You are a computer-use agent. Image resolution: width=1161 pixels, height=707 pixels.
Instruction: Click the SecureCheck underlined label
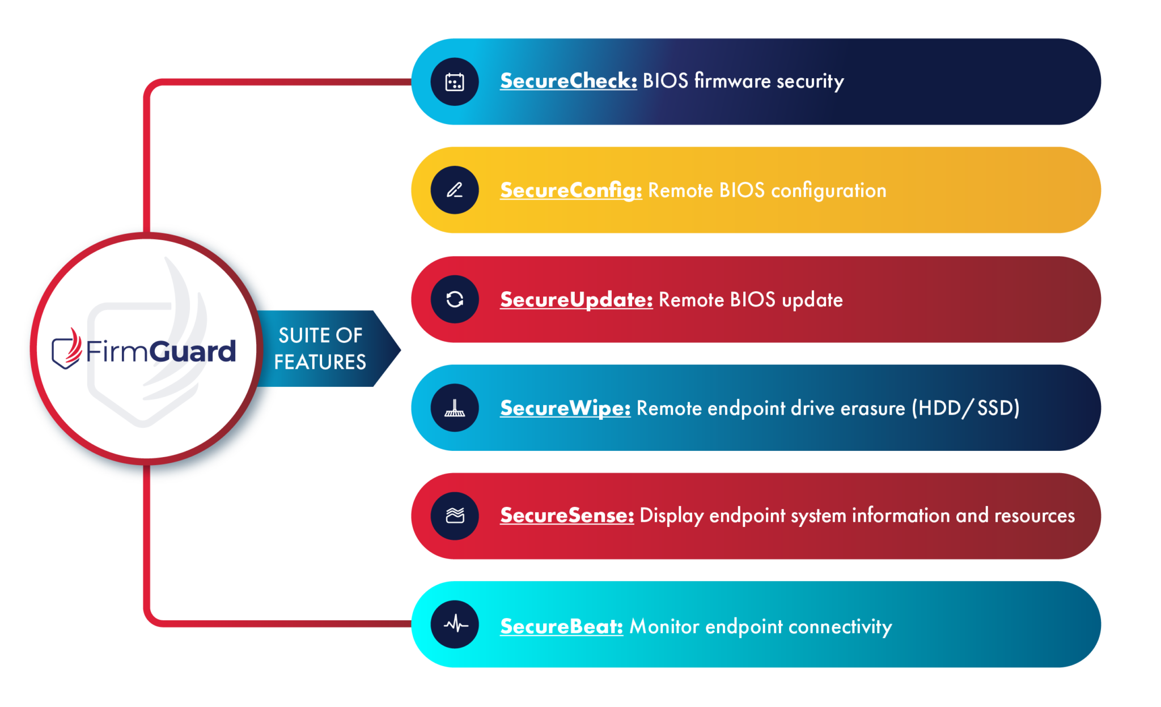point(568,81)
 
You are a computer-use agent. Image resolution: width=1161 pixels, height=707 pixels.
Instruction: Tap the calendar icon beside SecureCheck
point(455,82)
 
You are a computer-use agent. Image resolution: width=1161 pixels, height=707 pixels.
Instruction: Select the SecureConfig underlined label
point(571,190)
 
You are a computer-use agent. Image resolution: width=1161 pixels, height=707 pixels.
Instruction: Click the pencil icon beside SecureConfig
point(455,190)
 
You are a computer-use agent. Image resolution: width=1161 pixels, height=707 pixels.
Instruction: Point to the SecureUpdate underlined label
point(576,300)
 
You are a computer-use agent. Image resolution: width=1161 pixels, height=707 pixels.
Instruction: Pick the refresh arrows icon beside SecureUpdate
point(455,299)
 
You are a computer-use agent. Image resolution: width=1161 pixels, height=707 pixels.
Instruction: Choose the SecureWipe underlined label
point(565,408)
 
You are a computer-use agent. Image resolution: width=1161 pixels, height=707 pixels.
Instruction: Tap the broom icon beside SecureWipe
point(455,408)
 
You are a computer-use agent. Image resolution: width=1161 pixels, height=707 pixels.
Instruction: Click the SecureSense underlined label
point(567,516)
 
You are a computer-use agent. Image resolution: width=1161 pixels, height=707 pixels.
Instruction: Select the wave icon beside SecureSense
point(455,516)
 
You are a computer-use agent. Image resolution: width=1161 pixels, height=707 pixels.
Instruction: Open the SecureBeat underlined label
point(561,626)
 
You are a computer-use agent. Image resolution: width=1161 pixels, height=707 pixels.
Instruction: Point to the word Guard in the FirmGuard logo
point(193,351)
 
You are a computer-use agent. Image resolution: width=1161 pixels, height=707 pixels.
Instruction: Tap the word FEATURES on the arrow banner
point(320,362)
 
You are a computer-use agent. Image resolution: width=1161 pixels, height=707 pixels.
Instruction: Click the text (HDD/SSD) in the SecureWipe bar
point(965,408)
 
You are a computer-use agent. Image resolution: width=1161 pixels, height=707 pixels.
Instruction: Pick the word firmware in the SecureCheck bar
point(732,81)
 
